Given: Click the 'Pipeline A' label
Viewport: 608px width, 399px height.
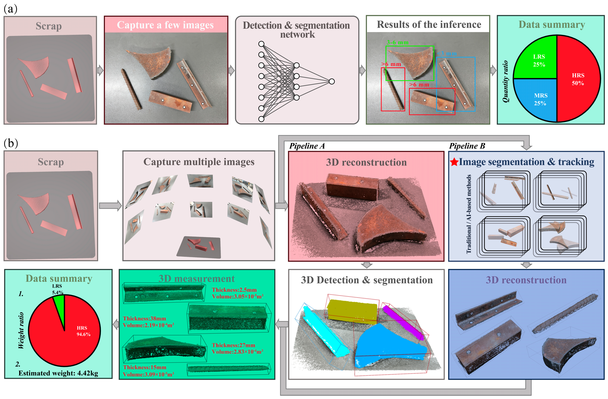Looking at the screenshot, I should [307, 146].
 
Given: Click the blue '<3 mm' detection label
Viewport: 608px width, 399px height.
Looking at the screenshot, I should [447, 54].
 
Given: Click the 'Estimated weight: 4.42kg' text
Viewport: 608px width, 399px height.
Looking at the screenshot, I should [58, 373].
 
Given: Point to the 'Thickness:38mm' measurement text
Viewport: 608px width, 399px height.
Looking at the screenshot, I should [144, 318].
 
